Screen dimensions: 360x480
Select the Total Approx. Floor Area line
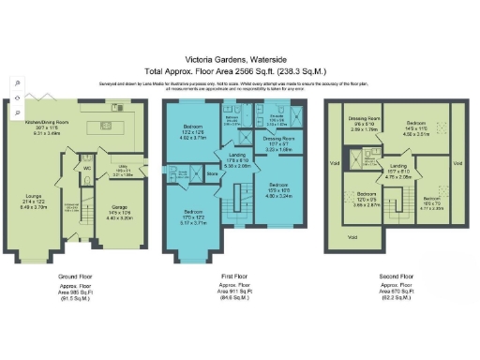pos(239,70)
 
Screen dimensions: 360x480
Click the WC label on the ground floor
pos(85,170)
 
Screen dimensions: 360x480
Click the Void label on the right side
pos(459,162)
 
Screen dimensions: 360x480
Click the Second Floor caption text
pos(394,277)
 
